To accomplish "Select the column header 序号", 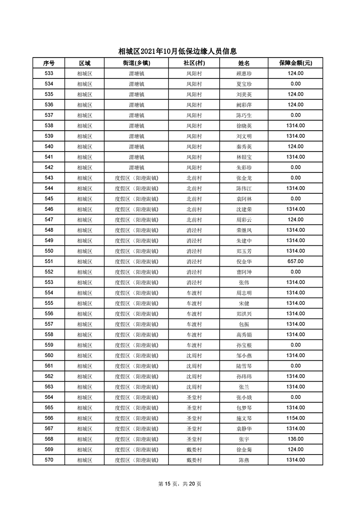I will pos(49,63).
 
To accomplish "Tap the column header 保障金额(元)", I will pos(296,63).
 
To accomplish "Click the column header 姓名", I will pos(244,63).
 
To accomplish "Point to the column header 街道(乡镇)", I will pos(136,63).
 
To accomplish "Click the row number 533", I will pos(49,73).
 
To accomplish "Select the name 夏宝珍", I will pos(244,84).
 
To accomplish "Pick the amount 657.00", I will pos(296,261).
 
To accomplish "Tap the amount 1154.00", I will pos(296,418).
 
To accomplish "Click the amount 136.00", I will pos(296,439).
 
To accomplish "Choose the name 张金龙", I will pos(244,178).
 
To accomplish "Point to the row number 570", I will pos(49,460).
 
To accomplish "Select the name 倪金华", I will pos(244,261).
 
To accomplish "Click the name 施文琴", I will pos(244,418).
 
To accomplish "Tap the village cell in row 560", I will pos(194,355).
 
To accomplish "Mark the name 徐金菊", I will pos(244,449).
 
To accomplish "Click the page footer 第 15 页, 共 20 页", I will pos(180,484).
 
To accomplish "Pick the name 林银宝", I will pos(244,157).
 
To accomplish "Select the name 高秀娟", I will pos(244,334).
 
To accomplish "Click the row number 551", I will pos(49,261).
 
